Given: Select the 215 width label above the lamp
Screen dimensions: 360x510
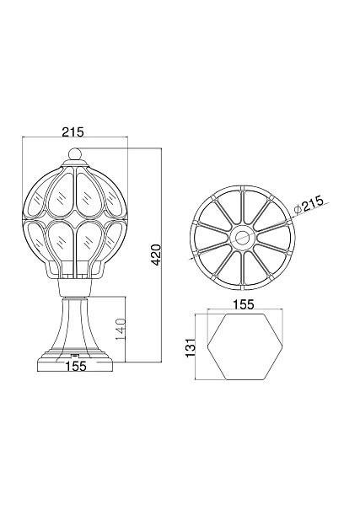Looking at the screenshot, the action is click(73, 132).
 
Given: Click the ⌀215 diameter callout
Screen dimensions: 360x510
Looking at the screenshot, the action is click(308, 204).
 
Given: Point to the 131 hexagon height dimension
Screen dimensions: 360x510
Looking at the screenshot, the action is click(191, 347).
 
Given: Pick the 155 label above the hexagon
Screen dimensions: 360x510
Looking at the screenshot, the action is click(244, 304).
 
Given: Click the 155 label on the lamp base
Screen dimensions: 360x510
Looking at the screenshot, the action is click(76, 366).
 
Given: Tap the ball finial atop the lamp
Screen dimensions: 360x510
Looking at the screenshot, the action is click(75, 154).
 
